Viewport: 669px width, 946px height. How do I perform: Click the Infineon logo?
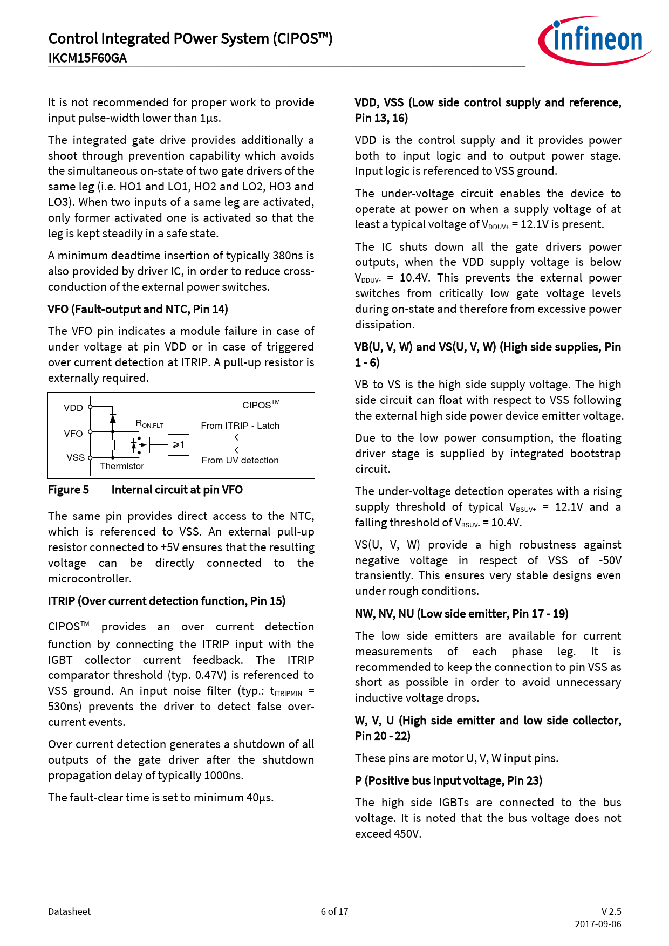point(595,41)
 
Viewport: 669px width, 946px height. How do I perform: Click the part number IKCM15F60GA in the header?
point(87,58)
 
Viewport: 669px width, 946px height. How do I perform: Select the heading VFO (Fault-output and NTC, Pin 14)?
point(138,309)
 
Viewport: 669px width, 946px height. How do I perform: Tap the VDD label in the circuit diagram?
point(73,408)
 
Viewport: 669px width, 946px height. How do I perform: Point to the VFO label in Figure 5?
point(73,434)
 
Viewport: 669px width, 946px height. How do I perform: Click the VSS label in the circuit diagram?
point(76,457)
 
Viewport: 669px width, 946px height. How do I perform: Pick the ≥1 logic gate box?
point(178,445)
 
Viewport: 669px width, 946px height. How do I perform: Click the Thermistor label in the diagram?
point(122,466)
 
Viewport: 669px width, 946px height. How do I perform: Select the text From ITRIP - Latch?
point(240,426)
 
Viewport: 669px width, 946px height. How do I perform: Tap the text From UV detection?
point(240,460)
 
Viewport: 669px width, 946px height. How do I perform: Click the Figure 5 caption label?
point(69,490)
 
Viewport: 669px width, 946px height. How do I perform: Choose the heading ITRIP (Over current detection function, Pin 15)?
point(167,601)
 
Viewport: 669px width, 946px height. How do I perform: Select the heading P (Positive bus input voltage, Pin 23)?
point(448,780)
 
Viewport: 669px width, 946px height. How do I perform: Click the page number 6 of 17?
point(334,911)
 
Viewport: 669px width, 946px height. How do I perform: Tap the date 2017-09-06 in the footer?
point(598,924)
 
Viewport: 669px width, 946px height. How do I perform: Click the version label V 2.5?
point(611,911)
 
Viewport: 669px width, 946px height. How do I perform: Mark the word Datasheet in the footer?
point(69,911)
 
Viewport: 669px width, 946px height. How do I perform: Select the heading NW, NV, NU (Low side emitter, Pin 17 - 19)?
point(461,614)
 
